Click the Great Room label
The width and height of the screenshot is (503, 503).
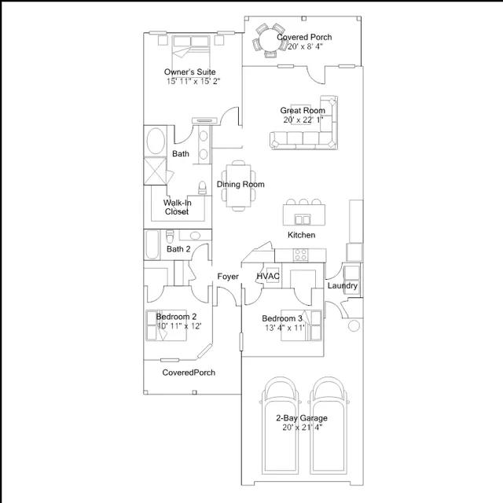303,111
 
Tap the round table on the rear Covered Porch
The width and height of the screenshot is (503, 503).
270,41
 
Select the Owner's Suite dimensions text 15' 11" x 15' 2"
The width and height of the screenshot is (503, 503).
193,81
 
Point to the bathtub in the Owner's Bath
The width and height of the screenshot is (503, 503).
156,141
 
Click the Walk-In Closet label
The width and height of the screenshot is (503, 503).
177,207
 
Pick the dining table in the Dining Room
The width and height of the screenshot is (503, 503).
238,185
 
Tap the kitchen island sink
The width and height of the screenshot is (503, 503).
303,220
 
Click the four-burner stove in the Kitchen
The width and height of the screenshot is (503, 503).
301,255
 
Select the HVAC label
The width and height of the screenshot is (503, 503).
268,276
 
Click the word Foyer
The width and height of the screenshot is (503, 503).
228,277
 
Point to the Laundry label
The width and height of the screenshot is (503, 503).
343,286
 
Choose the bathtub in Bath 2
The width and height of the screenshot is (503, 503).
152,244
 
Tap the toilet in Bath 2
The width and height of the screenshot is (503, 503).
170,237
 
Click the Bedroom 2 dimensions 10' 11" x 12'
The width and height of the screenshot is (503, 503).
180,326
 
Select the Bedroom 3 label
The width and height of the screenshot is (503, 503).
282,318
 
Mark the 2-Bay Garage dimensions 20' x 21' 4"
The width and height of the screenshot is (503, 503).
302,428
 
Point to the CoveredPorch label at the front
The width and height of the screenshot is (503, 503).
189,373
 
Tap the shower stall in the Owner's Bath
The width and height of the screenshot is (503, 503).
155,171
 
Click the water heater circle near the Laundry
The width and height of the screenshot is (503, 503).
354,326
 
